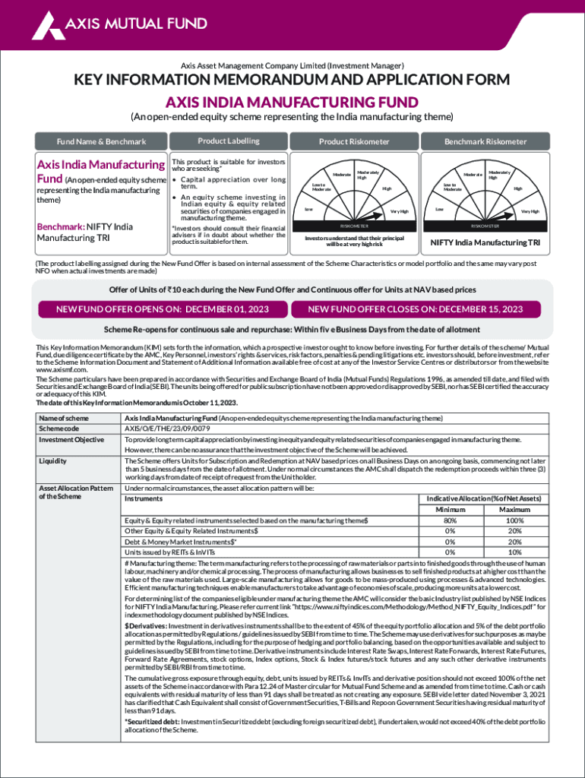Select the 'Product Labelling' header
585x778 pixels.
228,141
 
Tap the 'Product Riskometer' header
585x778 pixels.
354,142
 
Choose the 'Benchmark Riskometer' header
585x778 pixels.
485,142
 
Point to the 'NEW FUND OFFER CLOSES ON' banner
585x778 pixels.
415,309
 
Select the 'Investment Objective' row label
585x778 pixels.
71,440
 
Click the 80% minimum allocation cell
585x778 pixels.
451,520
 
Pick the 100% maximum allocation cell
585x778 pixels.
514,520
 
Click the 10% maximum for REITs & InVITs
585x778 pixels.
514,552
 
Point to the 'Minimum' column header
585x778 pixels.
451,509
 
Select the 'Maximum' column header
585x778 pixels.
514,509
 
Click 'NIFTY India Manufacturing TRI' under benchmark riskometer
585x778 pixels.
485,243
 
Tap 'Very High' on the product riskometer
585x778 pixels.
399,211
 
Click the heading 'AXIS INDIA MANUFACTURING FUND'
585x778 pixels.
292,102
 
